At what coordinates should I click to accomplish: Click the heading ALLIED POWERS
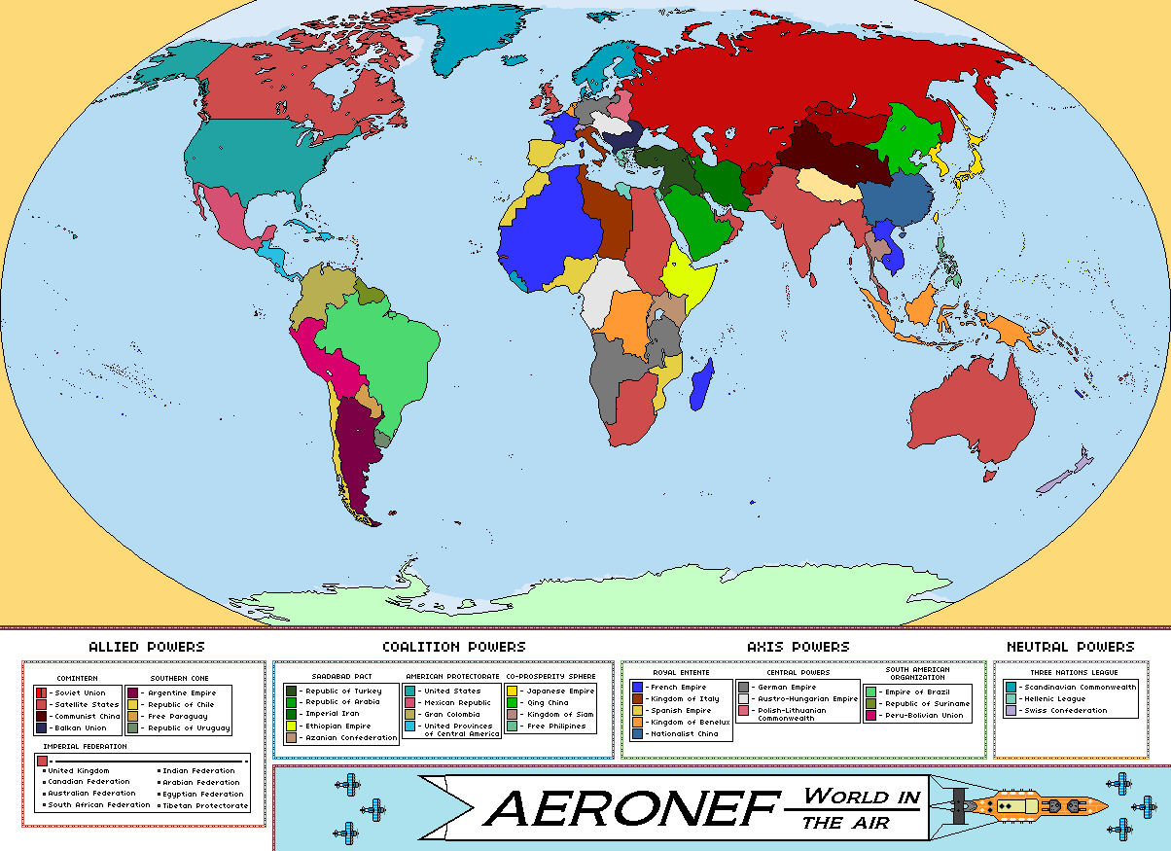pyautogui.click(x=146, y=647)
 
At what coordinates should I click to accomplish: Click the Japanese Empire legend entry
pyautogui.click(x=554, y=691)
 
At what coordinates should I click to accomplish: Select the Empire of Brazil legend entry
pyautogui.click(x=909, y=691)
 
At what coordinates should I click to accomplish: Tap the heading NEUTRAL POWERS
pyautogui.click(x=1070, y=647)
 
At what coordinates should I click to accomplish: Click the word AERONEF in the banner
pyautogui.click(x=632, y=807)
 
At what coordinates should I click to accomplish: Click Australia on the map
pyautogui.click(x=973, y=413)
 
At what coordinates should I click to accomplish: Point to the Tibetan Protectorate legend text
pyautogui.click(x=205, y=805)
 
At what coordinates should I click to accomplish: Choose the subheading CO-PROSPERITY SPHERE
pyautogui.click(x=550, y=676)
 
